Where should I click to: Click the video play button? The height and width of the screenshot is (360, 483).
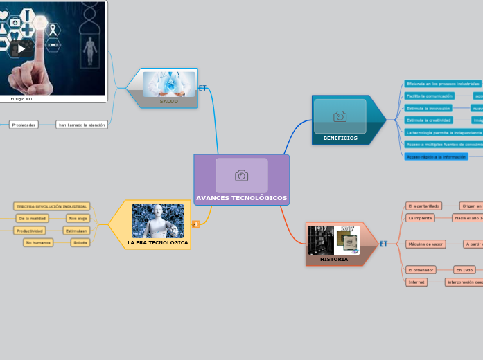point(21,48)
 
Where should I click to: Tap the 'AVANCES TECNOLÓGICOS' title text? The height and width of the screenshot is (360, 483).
point(241,198)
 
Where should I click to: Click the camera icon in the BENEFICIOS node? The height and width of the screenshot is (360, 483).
point(340,116)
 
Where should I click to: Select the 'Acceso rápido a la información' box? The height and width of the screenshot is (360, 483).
point(436,156)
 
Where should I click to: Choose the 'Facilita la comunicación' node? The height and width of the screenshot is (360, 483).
point(429,96)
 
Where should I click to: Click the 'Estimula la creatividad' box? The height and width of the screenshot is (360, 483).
point(428,120)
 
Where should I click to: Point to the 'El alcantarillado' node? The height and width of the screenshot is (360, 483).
point(424,206)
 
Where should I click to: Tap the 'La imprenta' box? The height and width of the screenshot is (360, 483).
point(420,217)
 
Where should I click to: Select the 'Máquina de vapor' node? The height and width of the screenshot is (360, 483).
point(425,244)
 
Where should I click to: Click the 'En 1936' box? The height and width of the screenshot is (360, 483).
point(464,269)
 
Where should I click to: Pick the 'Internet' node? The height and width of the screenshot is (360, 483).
point(416,282)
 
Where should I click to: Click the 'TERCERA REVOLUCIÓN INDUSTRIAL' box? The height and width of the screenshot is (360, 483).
point(52,206)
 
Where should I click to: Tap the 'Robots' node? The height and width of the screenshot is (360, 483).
point(80,242)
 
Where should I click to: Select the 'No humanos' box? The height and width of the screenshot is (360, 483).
point(38,242)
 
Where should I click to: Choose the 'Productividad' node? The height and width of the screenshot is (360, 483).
point(30,231)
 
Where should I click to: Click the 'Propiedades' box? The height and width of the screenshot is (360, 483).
point(24,125)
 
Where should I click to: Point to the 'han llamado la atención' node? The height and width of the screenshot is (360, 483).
point(82,125)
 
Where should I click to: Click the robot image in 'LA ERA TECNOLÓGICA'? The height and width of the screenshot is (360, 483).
point(158,220)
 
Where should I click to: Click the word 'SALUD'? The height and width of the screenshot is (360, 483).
point(169,101)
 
